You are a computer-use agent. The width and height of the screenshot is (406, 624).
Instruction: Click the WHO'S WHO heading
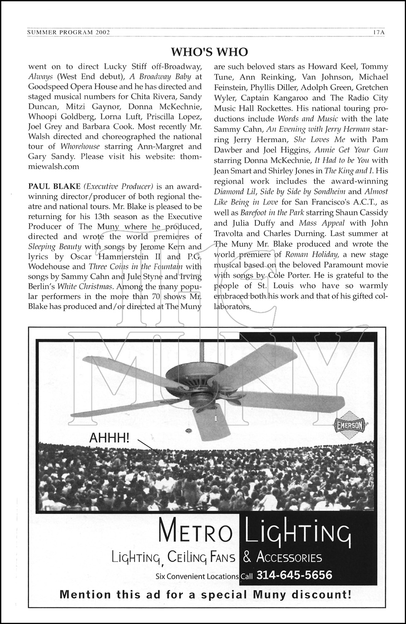pyautogui.click(x=209, y=52)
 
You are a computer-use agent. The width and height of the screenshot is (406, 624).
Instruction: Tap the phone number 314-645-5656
pyautogui.click(x=294, y=575)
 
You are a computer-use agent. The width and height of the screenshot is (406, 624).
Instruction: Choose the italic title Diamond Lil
pyautogui.click(x=233, y=192)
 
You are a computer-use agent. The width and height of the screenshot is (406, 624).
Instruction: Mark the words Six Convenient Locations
pyautogui.click(x=197, y=577)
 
